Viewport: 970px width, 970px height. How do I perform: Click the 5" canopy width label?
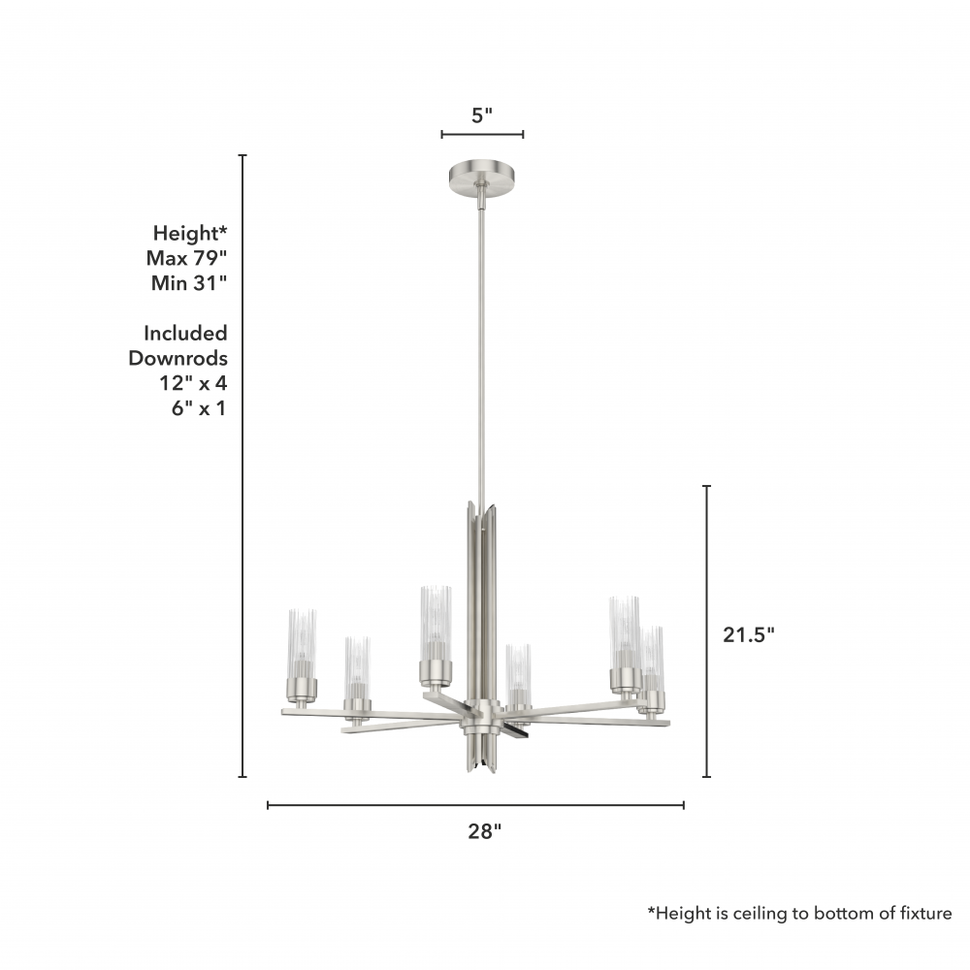click(x=482, y=115)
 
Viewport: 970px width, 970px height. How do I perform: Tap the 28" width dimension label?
click(x=484, y=831)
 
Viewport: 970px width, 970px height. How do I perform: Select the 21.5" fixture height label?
click(x=749, y=634)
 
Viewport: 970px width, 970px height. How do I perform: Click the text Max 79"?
click(x=187, y=257)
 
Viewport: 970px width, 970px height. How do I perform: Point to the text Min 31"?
click(x=189, y=282)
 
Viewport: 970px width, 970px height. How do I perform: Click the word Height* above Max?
click(x=190, y=233)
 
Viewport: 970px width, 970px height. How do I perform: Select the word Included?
click(x=185, y=333)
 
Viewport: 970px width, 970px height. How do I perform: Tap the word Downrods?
click(x=178, y=358)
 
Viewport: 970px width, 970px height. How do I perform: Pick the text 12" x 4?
click(x=194, y=383)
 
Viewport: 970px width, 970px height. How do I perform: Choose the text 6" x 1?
click(x=199, y=408)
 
